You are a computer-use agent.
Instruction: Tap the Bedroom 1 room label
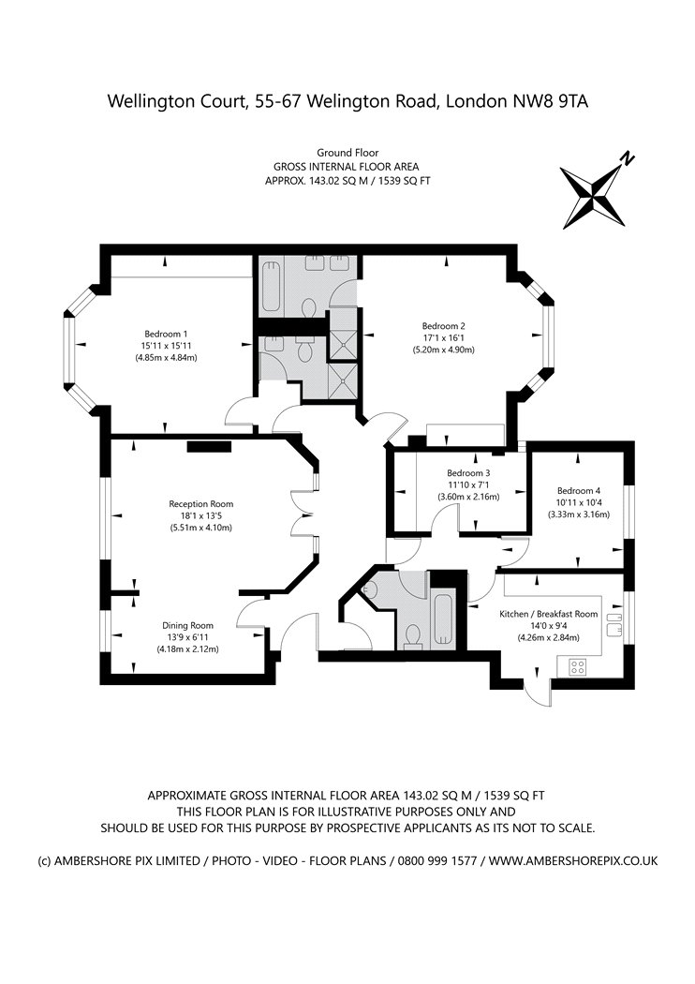click(x=166, y=334)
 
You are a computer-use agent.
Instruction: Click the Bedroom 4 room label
click(x=578, y=490)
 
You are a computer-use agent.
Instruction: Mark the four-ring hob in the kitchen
click(x=578, y=667)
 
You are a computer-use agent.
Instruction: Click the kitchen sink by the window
click(x=615, y=623)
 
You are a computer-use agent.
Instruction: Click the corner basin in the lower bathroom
click(x=369, y=589)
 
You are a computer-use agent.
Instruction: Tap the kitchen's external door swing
click(x=536, y=689)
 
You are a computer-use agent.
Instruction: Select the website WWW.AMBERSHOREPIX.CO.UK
click(x=573, y=859)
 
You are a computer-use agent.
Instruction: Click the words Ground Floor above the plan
click(x=347, y=152)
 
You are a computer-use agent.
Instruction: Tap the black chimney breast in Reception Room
click(x=208, y=446)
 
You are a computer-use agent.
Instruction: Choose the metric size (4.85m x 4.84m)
click(x=166, y=357)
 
